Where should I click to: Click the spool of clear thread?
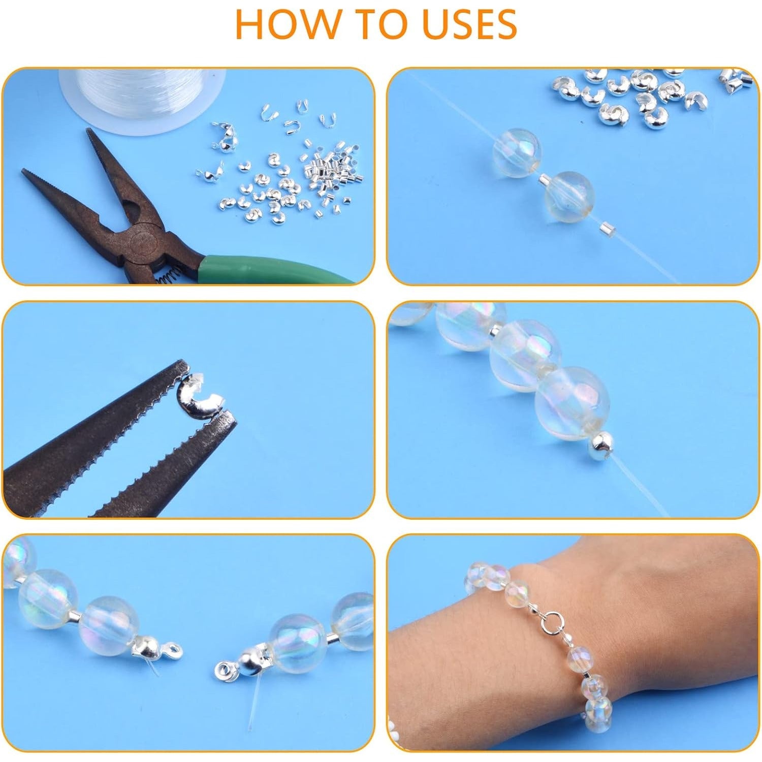[x=142, y=99]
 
